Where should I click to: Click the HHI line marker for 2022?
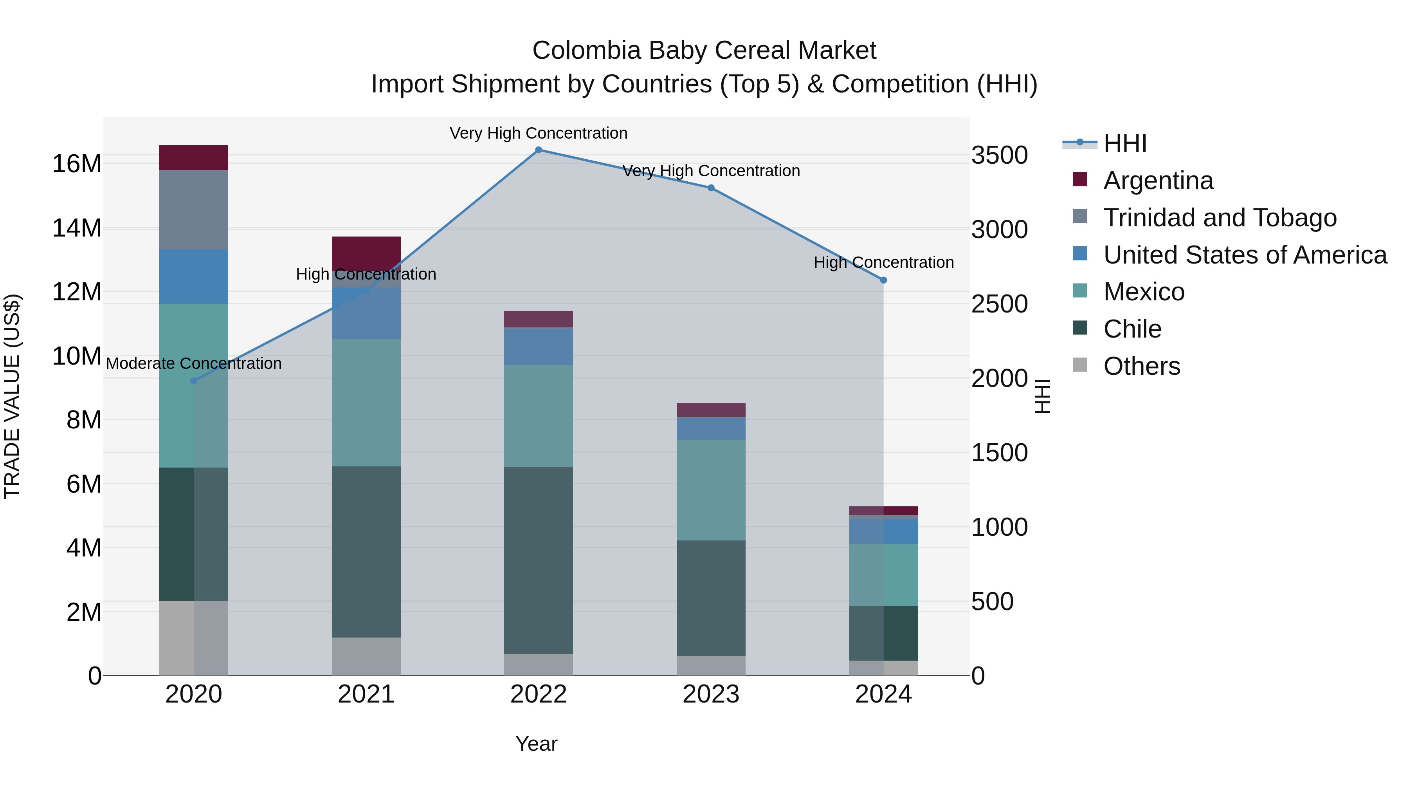click(538, 150)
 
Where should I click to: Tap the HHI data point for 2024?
click(883, 280)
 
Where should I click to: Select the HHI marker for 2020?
click(194, 381)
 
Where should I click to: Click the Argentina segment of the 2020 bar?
click(194, 157)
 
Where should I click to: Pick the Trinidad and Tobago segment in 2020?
click(194, 210)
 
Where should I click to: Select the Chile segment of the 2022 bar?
click(538, 560)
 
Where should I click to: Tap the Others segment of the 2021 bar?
click(366, 656)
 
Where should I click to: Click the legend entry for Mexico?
click(1144, 292)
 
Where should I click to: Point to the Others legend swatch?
click(1080, 365)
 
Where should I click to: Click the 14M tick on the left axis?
click(77, 228)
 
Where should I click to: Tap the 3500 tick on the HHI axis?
click(999, 155)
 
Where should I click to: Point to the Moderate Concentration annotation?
click(194, 363)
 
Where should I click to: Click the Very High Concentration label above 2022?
click(538, 133)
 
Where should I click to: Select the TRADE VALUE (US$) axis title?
click(12, 396)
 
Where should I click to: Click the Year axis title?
click(536, 744)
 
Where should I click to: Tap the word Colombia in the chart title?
click(586, 51)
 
